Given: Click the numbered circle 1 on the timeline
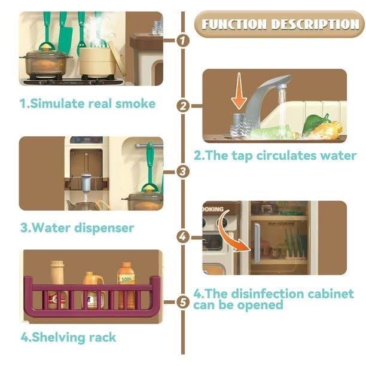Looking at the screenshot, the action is pyautogui.click(x=183, y=41).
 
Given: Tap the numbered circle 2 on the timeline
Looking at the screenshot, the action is pyautogui.click(x=183, y=106).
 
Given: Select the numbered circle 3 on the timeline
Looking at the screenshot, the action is pyautogui.click(x=183, y=171).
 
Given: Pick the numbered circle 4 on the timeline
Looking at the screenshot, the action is pyautogui.click(x=183, y=237).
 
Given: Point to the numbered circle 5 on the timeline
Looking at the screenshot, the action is pyautogui.click(x=183, y=302).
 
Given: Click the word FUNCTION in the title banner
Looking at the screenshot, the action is pyautogui.click(x=234, y=25).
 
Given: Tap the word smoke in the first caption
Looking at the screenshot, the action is pyautogui.click(x=135, y=103).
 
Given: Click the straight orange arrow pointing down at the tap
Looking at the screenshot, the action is pyautogui.click(x=239, y=91).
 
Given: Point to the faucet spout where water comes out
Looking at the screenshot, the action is pyautogui.click(x=282, y=87).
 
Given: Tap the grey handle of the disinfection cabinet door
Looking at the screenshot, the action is pyautogui.click(x=257, y=243).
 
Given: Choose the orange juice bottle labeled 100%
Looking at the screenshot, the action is pyautogui.click(x=126, y=285).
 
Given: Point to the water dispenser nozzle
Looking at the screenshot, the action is pyautogui.click(x=86, y=184).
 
